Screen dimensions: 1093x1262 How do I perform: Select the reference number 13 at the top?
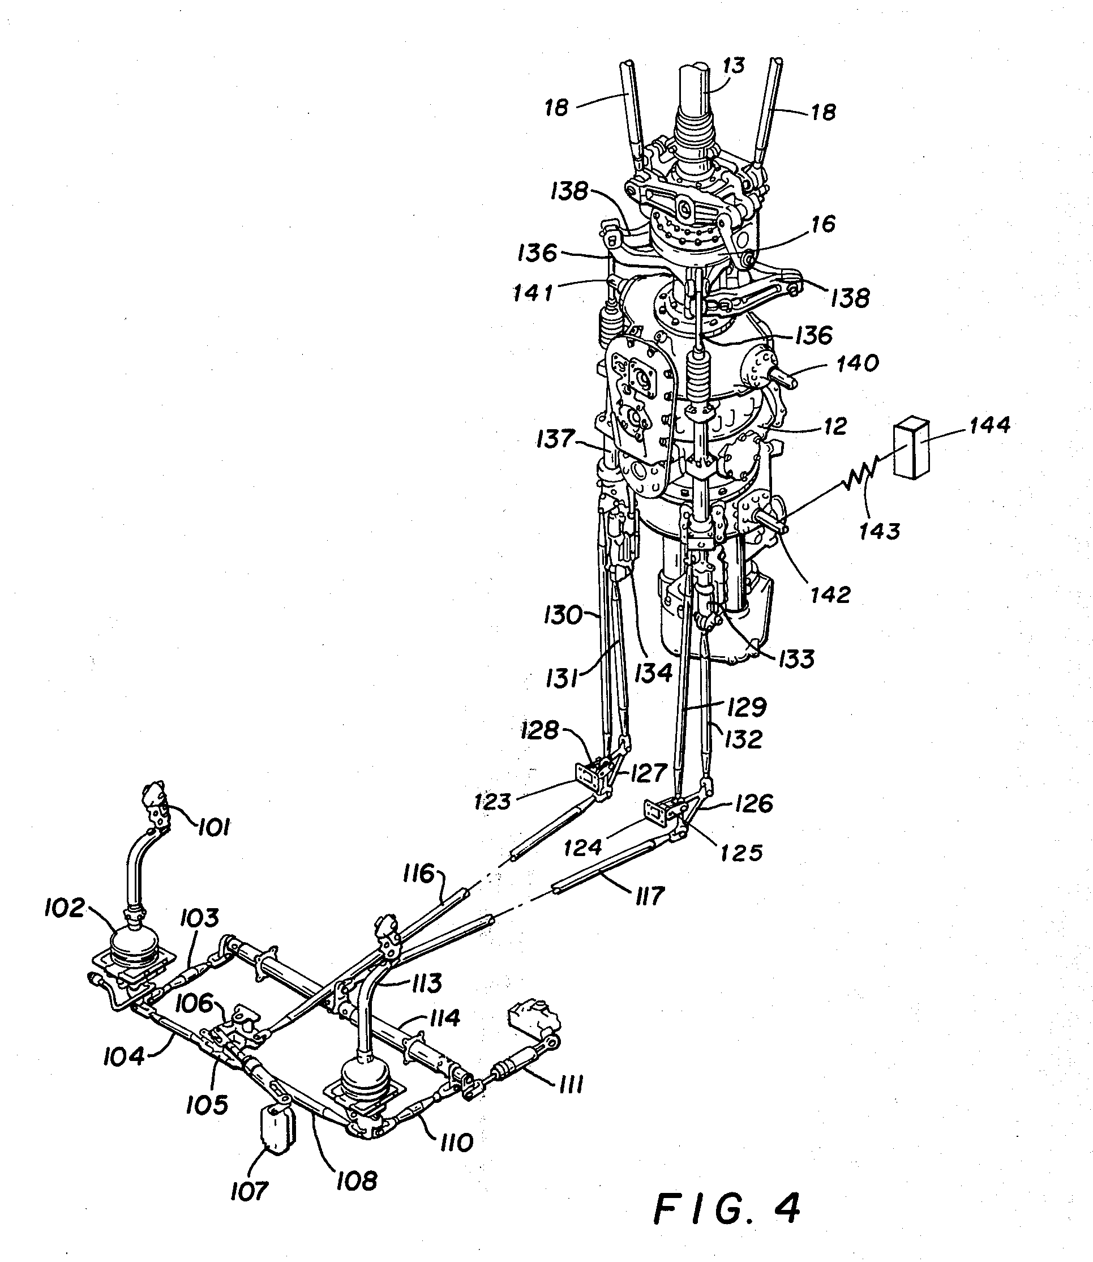coord(733,65)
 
